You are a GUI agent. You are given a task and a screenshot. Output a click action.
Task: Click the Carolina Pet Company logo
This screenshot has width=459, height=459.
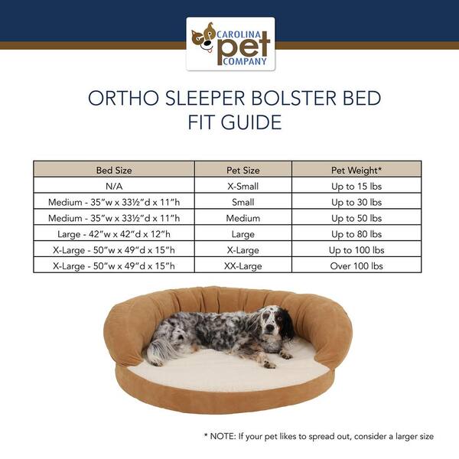click(230, 44)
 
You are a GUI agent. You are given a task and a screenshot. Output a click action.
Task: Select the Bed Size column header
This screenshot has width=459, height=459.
click(113, 170)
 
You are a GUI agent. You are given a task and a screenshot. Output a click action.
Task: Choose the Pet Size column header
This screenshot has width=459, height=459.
click(243, 170)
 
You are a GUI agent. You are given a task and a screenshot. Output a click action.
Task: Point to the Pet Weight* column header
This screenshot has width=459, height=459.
click(356, 170)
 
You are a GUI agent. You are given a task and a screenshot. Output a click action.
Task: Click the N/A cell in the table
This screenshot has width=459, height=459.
click(113, 186)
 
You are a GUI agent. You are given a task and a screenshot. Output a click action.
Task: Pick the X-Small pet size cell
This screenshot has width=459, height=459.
click(243, 186)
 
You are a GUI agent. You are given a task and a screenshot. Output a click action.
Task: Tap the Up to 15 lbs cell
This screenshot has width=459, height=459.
click(356, 186)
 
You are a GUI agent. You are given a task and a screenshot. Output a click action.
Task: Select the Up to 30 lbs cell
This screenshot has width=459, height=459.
click(356, 202)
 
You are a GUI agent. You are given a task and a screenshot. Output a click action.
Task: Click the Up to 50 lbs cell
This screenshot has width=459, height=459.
click(356, 218)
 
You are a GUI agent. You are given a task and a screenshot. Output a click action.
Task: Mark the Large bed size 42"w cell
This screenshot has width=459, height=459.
click(113, 234)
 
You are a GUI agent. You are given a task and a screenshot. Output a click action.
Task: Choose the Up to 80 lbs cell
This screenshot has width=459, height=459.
click(356, 234)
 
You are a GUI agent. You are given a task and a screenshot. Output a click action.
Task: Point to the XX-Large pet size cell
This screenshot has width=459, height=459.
click(243, 266)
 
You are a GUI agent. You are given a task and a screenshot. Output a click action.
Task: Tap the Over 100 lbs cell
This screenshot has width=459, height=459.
click(356, 266)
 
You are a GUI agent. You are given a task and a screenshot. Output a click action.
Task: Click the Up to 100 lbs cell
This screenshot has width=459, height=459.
click(356, 250)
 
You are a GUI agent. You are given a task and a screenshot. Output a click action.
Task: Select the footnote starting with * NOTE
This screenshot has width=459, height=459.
click(318, 436)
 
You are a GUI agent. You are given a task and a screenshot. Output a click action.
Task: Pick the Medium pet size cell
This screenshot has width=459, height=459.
click(243, 218)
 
